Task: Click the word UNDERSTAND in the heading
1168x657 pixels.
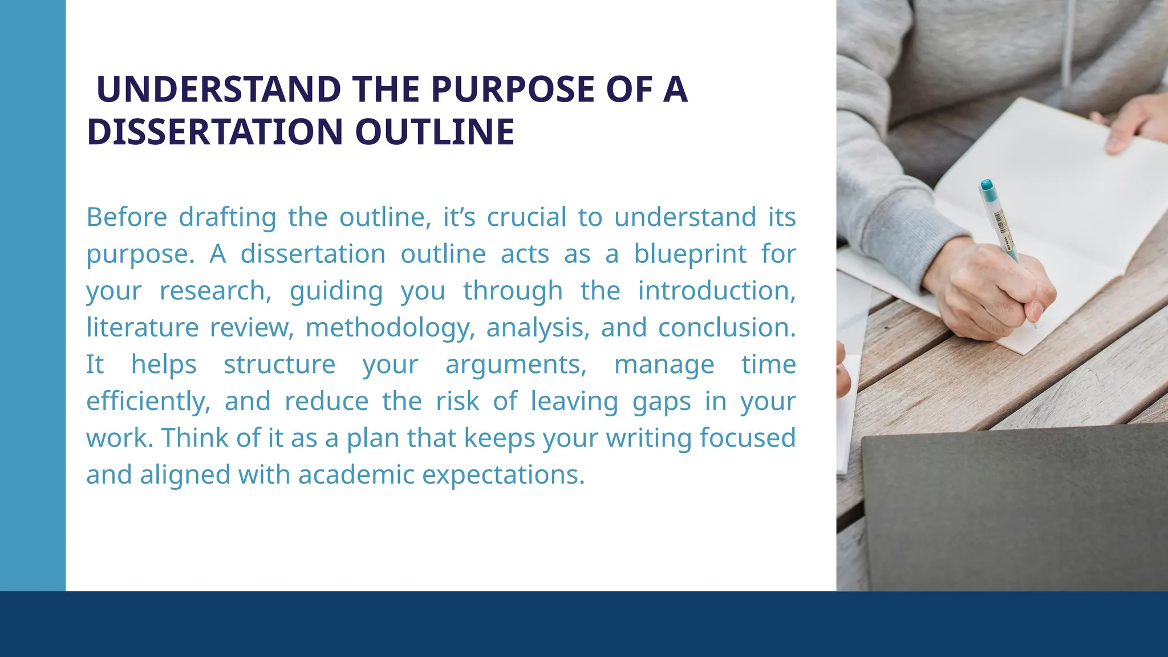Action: pos(218,90)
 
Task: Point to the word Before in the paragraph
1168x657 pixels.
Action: pos(127,217)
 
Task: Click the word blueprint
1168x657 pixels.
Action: pos(690,254)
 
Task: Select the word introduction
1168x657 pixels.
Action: pos(716,291)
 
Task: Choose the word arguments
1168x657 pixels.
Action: pos(516,364)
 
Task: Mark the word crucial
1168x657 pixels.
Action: pos(526,217)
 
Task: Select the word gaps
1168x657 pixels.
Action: pos(662,401)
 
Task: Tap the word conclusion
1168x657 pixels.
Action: pos(727,328)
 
